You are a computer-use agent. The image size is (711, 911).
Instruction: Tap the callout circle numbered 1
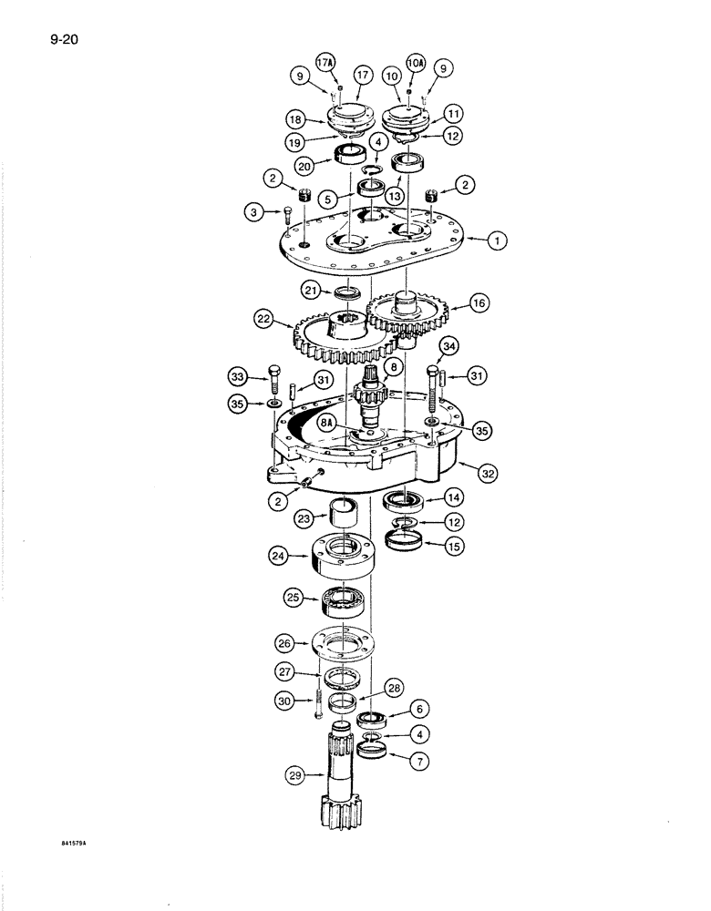[497, 241]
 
